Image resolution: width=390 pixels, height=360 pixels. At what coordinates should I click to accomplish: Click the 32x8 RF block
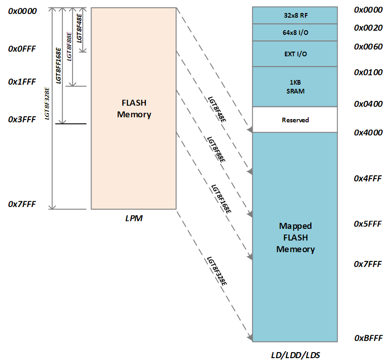295,15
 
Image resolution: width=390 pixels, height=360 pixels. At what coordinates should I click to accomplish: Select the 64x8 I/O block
295,33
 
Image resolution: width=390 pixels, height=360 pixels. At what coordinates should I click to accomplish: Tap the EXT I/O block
295,54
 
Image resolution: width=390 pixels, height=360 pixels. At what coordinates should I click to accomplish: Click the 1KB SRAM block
295,87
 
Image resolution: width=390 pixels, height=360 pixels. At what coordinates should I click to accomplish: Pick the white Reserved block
295,120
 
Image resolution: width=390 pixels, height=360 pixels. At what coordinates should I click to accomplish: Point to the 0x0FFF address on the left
22,49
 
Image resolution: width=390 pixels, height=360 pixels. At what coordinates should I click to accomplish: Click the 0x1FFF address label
22,82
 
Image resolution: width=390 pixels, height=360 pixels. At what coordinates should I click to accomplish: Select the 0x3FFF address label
22,120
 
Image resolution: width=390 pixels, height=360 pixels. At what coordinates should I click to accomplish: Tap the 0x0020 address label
368,28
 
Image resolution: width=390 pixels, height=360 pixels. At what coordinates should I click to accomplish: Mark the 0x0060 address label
368,47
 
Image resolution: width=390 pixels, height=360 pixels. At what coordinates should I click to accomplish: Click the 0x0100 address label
368,73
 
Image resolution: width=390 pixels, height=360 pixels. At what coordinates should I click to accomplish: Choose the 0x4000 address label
368,133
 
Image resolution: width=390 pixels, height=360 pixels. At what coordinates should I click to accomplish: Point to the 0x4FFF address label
368,179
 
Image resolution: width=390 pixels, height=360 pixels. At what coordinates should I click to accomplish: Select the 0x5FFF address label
368,224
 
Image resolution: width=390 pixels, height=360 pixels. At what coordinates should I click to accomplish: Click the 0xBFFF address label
368,338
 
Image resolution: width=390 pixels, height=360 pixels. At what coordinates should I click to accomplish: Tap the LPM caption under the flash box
134,219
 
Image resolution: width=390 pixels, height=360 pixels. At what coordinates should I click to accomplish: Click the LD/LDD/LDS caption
296,355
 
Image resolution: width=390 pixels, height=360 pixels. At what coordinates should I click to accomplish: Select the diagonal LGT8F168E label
221,199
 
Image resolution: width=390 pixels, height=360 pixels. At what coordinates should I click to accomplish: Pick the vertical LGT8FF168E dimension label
58,66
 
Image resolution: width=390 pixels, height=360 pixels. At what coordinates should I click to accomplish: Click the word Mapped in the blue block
295,226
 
